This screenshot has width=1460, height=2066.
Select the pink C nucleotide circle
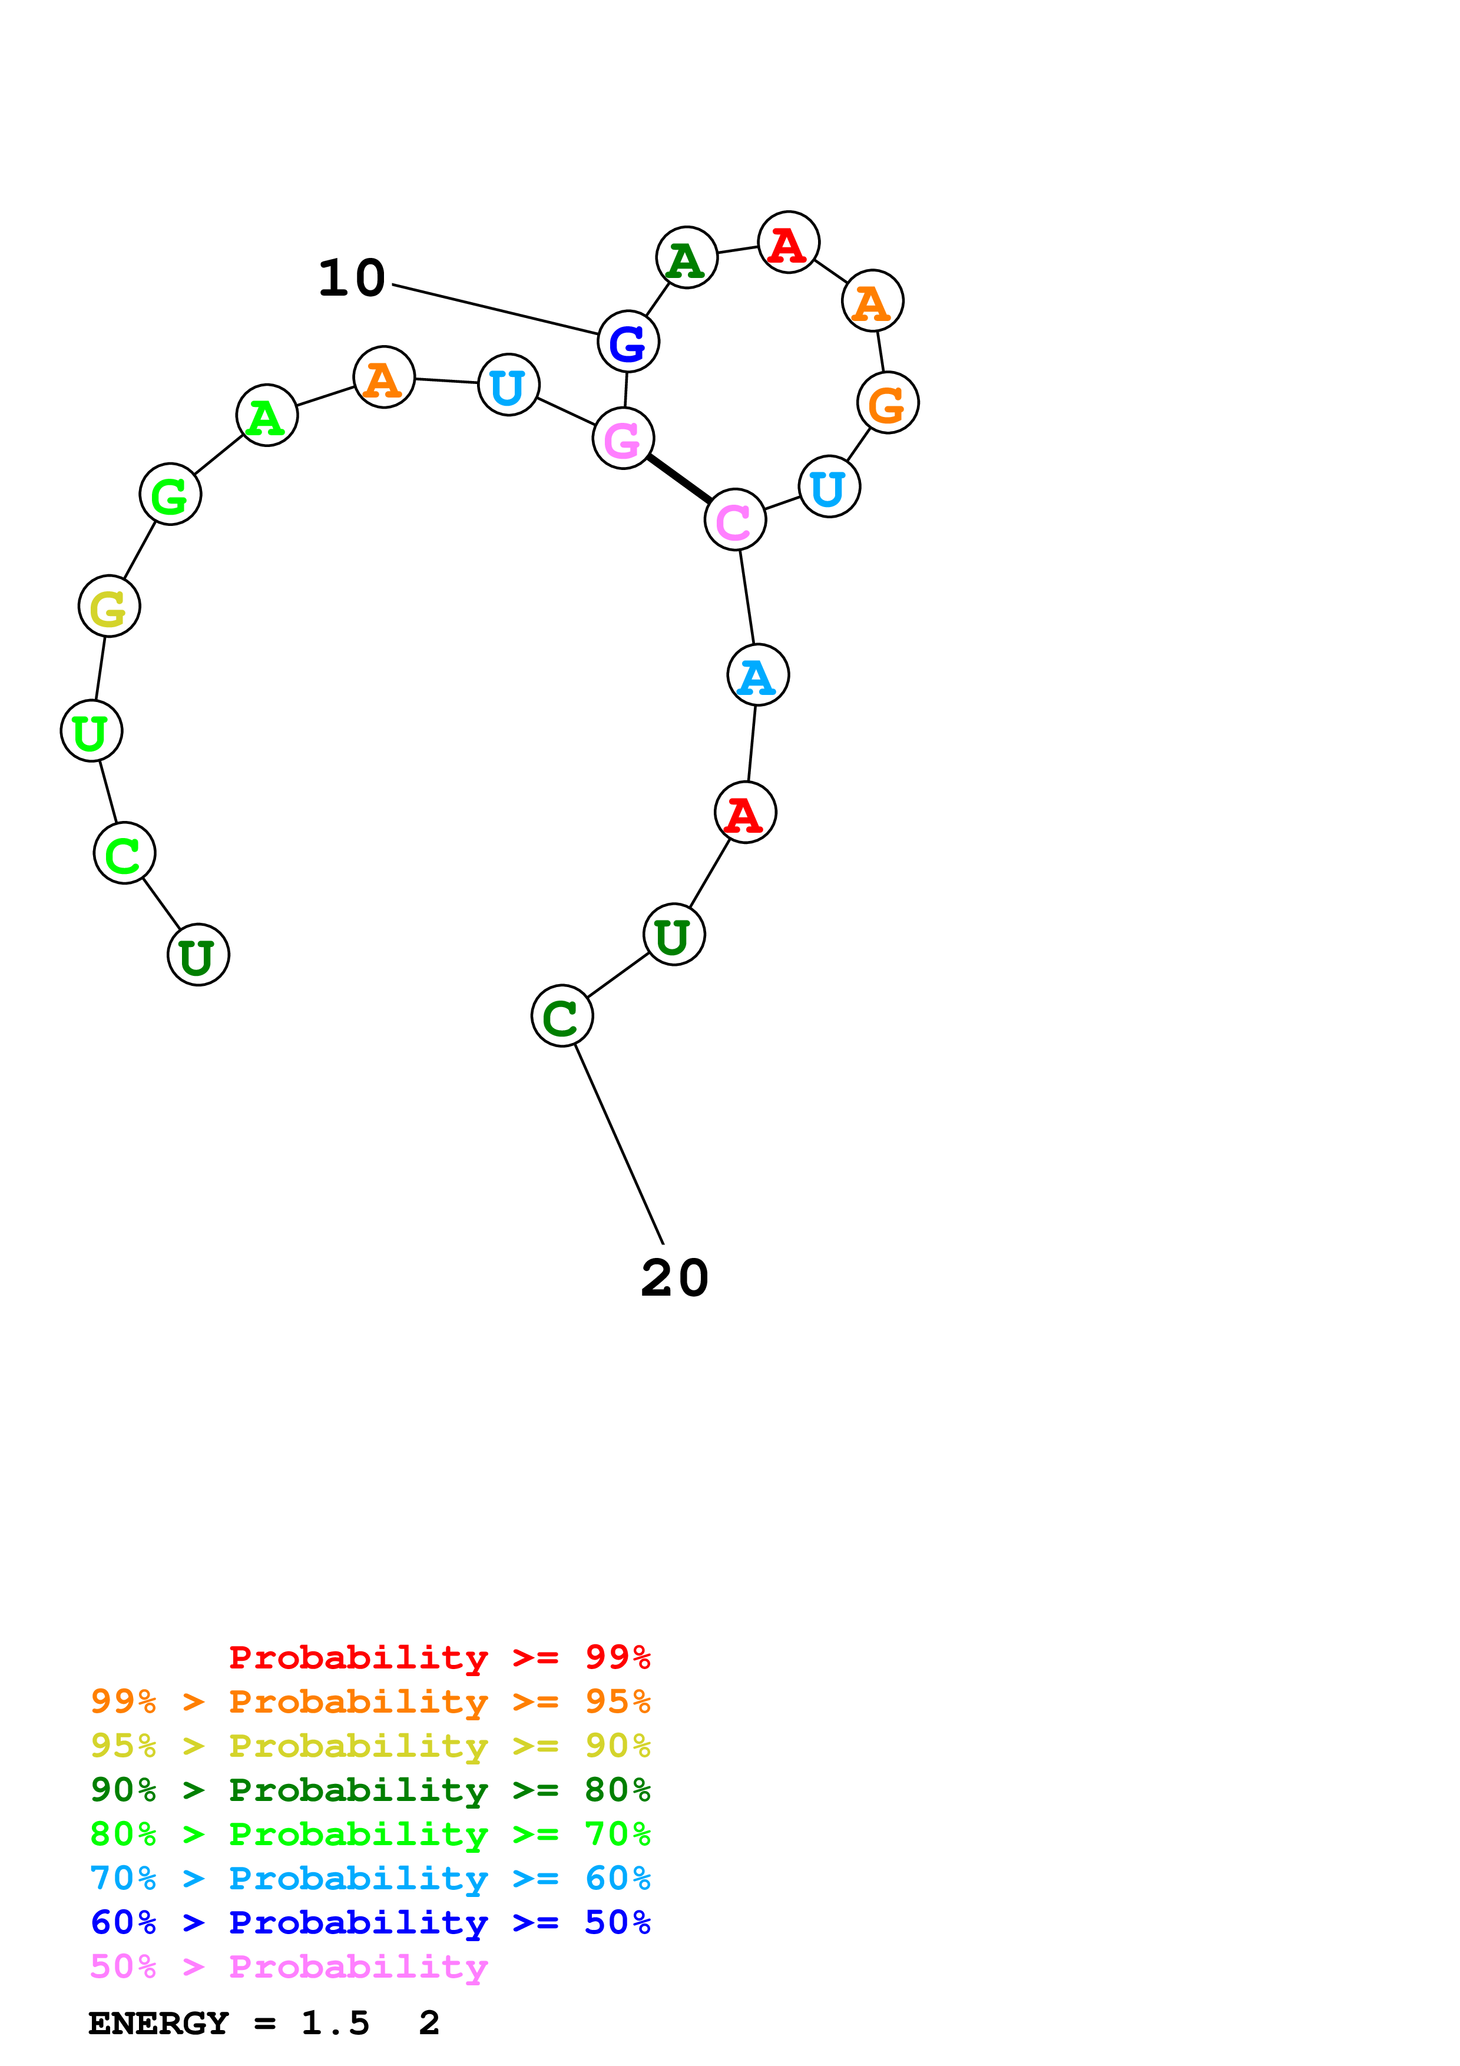735,519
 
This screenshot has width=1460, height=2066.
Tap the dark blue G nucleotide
628,342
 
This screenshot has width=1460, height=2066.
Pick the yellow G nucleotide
109,607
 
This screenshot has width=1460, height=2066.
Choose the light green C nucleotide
124,853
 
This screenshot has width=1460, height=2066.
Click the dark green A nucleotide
686,258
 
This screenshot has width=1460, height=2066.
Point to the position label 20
675,1278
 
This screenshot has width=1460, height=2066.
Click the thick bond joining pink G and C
679,479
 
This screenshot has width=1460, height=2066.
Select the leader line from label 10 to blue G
495,310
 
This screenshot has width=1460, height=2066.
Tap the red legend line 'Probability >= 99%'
439,1657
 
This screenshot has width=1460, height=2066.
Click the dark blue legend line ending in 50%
370,1923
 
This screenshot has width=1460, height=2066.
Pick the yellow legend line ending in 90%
370,1746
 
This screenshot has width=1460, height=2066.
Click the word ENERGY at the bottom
158,2024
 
